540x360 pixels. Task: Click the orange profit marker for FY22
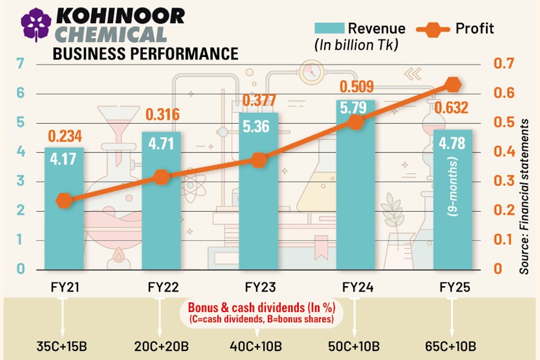pyautogui.click(x=161, y=177)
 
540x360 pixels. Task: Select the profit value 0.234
pyautogui.click(x=64, y=136)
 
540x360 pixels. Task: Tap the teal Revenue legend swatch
pyautogui.click(x=327, y=28)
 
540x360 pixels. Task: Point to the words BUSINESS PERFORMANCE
pyautogui.click(x=145, y=53)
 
